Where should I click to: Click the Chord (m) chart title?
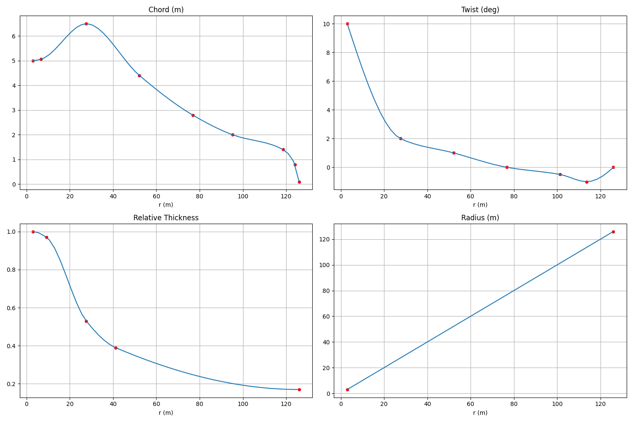(166, 10)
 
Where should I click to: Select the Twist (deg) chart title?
(480, 10)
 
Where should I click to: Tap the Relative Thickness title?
(166, 218)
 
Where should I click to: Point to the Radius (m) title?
(480, 218)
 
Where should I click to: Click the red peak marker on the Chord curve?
(86, 24)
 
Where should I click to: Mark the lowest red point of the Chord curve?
(299, 182)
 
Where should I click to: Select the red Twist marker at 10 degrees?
(347, 24)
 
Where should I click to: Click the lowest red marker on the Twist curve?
(587, 182)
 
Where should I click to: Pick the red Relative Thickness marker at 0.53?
(86, 321)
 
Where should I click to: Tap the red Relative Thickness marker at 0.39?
(116, 348)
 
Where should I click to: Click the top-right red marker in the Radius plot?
(613, 232)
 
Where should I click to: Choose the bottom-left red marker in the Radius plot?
(347, 390)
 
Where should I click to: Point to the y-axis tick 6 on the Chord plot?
(14, 36)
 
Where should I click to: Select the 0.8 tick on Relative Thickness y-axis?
(12, 270)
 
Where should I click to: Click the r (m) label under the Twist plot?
(480, 205)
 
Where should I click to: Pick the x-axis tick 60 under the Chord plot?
(156, 196)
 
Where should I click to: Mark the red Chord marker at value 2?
(233, 135)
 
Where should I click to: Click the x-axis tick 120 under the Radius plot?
(600, 404)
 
